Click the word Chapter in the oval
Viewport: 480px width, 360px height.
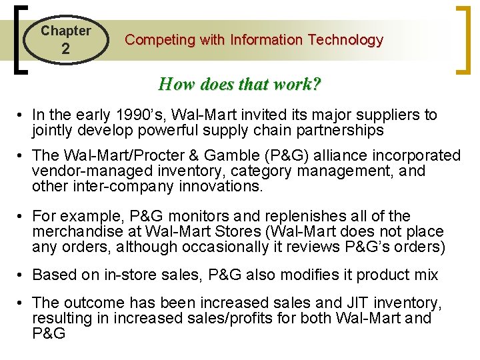click(65, 31)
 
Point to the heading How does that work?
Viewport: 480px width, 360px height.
click(239, 84)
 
